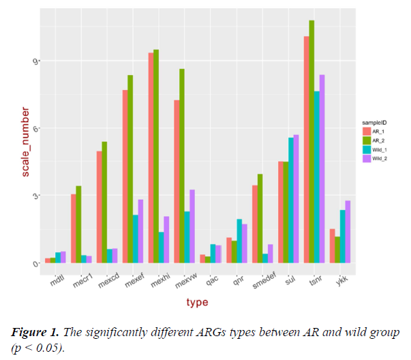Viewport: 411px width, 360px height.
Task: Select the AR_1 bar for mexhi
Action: point(151,157)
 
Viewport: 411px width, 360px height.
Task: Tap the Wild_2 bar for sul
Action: point(296,198)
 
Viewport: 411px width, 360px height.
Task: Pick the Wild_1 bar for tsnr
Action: point(316,177)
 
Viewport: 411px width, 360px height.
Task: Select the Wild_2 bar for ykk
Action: point(348,231)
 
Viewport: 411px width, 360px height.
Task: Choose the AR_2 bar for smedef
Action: point(260,218)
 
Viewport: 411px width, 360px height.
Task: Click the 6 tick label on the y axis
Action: point(35,128)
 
